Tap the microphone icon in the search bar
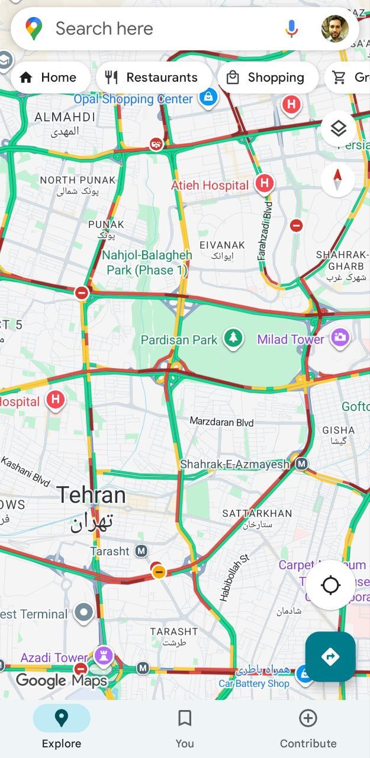[291, 28]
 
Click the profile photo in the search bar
[335, 28]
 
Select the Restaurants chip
[153, 78]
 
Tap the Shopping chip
[268, 78]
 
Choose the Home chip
[50, 78]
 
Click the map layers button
[338, 129]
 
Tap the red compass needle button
[338, 179]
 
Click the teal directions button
[330, 657]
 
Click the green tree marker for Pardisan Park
[233, 339]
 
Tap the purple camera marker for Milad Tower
[340, 338]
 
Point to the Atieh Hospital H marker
[265, 184]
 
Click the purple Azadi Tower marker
[104, 655]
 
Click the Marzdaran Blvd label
[221, 422]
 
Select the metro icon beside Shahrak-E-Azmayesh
[302, 464]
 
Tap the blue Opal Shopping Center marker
[208, 97]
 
